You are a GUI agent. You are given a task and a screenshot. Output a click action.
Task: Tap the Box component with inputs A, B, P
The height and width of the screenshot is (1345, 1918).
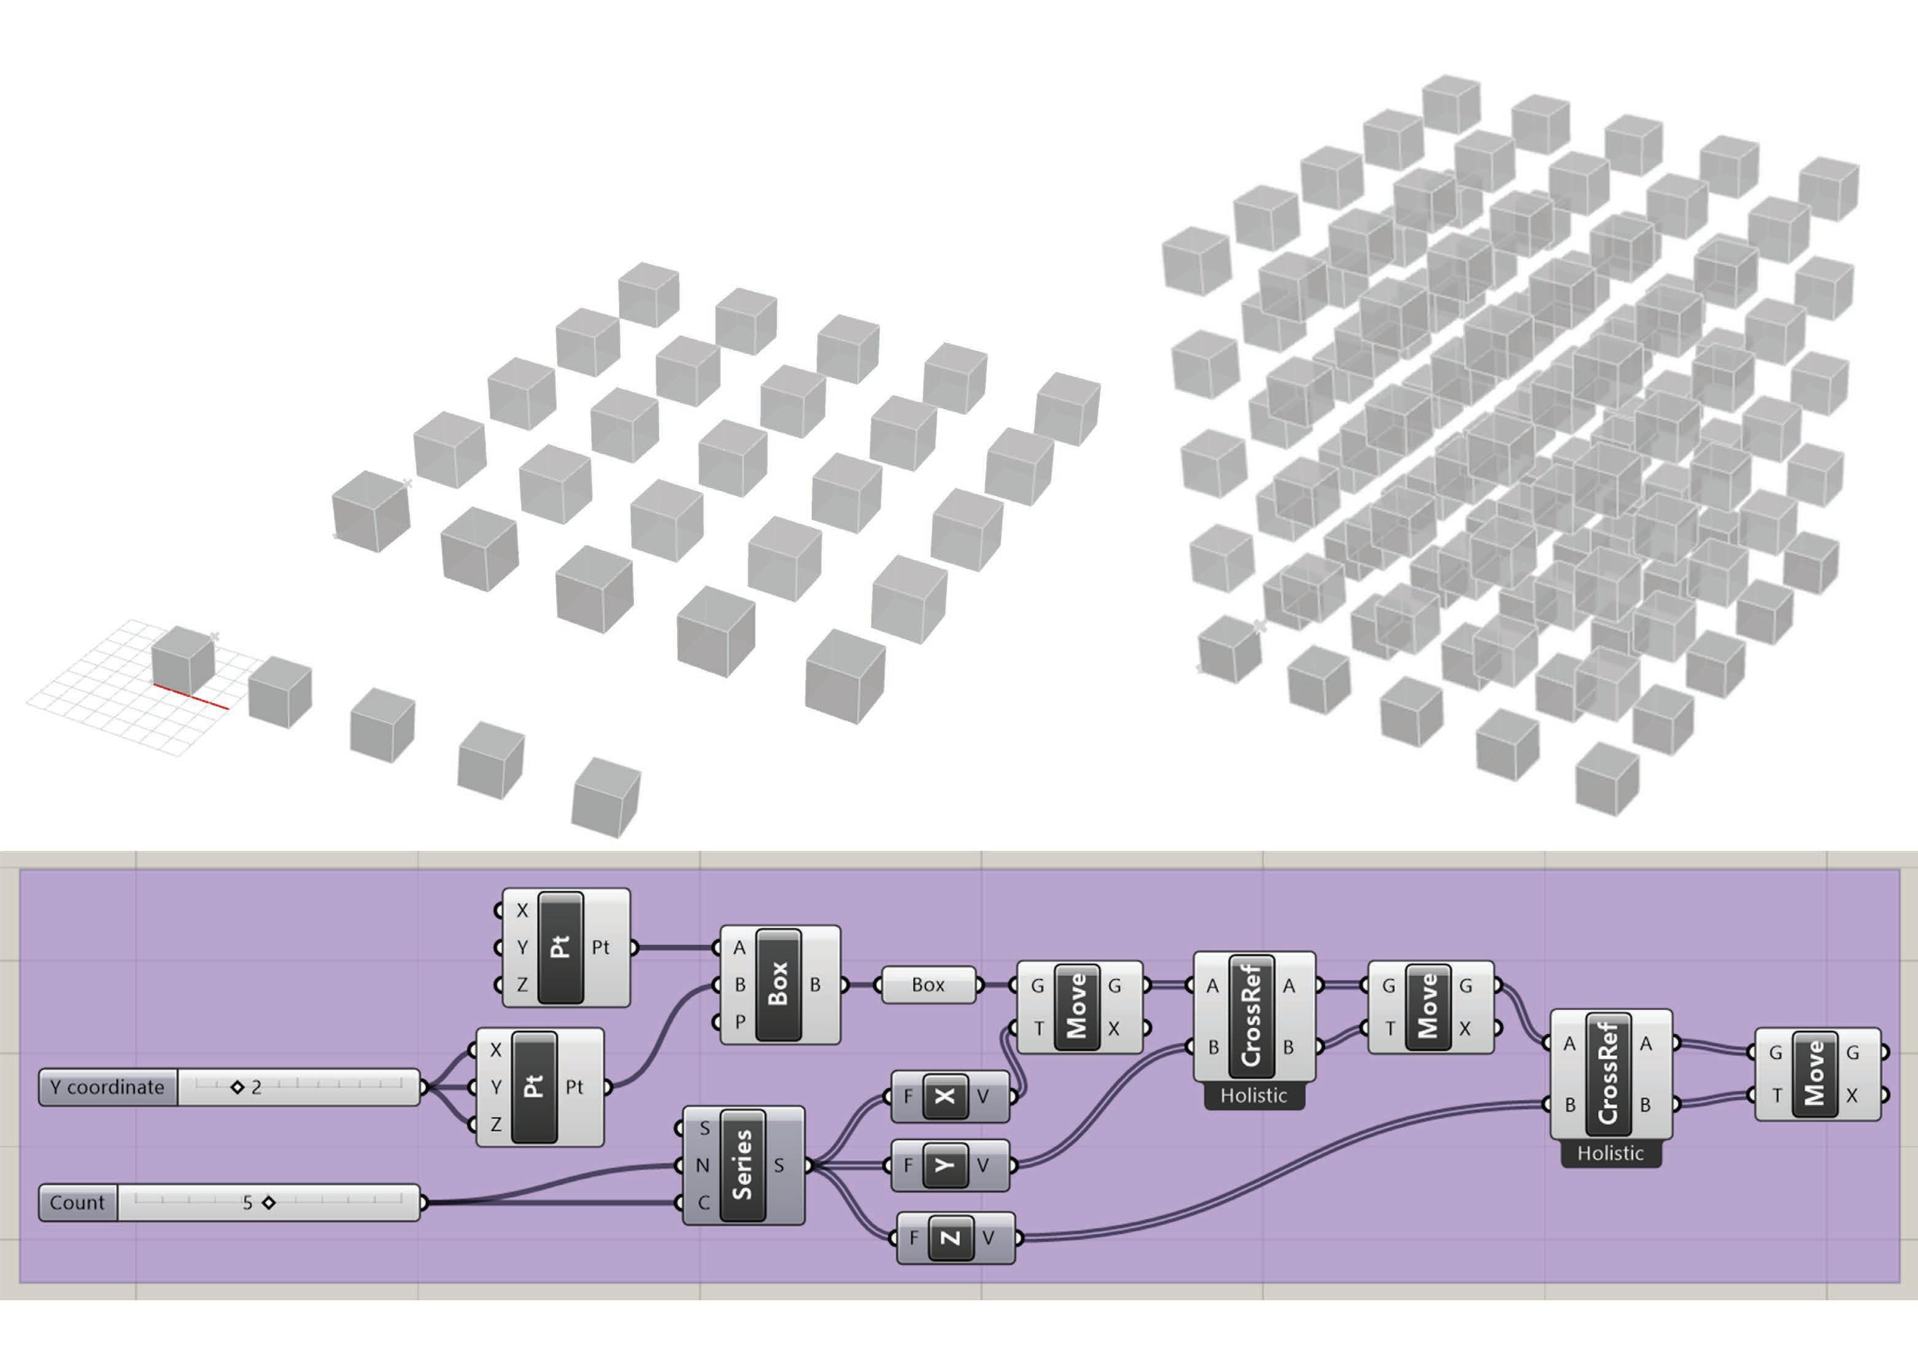click(778, 984)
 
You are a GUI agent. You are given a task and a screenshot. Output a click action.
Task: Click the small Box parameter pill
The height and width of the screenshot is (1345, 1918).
click(928, 985)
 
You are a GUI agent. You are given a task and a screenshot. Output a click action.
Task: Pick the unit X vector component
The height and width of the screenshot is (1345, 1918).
click(945, 1095)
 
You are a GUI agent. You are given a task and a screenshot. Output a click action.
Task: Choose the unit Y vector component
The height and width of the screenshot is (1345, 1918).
click(945, 1165)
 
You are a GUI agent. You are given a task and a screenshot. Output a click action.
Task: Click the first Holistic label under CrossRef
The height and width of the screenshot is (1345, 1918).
click(1253, 1095)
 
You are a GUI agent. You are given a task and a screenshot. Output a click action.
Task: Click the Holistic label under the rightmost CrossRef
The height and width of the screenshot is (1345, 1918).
click(1610, 1153)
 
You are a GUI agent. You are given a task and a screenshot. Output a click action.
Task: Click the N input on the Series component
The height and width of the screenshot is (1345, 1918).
click(702, 1165)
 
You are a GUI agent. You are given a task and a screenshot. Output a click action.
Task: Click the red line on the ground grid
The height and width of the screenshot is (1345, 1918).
click(190, 697)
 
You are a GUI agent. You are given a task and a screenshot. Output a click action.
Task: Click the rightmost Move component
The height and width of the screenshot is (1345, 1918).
click(1814, 1074)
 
